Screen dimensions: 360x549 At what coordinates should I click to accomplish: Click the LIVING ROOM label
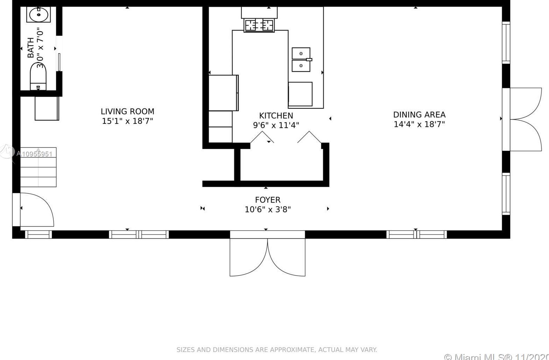coord(127,112)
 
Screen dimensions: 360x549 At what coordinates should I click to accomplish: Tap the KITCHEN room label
coord(276,116)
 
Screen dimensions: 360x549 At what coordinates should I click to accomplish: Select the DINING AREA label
coord(419,115)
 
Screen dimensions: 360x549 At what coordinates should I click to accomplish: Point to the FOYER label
coord(267,200)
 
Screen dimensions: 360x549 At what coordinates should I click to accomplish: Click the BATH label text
coord(31,48)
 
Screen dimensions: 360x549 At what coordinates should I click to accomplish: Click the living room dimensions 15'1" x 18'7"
coord(127,121)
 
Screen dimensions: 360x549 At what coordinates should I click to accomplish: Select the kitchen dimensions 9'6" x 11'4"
coord(276,125)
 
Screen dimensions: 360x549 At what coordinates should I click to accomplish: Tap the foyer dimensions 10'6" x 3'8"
coord(267,209)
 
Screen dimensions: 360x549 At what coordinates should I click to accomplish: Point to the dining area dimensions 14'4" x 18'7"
coord(419,124)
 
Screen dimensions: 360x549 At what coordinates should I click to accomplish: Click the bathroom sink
coord(38,15)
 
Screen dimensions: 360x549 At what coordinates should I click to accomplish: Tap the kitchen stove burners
coord(259,25)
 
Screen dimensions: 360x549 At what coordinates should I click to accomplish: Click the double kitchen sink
coord(301,60)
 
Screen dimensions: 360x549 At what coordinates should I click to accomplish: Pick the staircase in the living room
coord(38,167)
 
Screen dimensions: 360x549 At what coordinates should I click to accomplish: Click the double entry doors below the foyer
coord(267,253)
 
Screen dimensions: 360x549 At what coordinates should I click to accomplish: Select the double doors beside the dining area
coord(524,119)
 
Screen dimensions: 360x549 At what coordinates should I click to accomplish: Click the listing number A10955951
coord(34,154)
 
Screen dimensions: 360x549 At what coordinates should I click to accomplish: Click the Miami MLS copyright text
coord(496,356)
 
